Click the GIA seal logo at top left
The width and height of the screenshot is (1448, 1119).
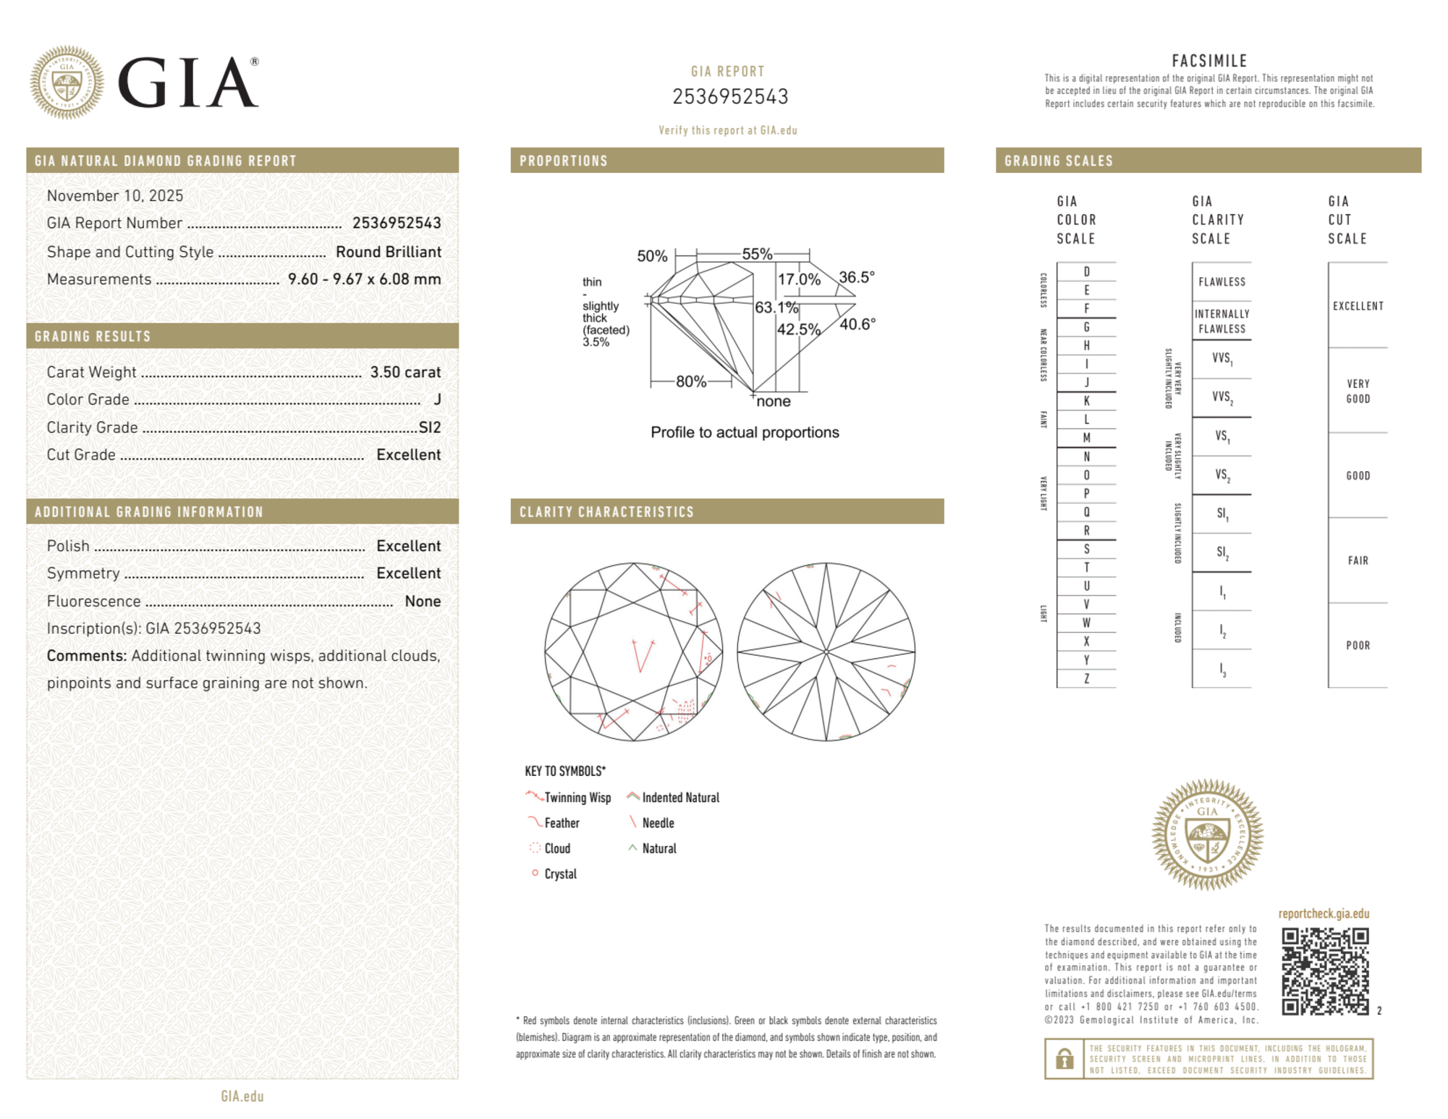coord(67,83)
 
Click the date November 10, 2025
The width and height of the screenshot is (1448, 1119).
coord(115,195)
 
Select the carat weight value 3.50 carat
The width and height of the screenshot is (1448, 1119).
coord(405,372)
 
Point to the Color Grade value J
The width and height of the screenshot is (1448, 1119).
coord(437,400)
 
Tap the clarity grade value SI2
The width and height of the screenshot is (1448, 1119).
coord(430,427)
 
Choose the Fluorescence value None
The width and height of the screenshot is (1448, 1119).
coord(423,601)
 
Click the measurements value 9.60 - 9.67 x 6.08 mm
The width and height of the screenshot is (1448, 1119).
coord(364,279)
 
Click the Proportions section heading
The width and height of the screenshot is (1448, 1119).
coord(564,161)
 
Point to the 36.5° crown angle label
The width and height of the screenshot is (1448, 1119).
coord(857,277)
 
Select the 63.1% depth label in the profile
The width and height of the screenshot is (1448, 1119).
coord(776,308)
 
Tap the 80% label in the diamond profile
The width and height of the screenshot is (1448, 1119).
coord(691,381)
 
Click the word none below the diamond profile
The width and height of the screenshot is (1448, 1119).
coord(774,402)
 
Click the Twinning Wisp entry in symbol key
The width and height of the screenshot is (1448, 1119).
coord(577,798)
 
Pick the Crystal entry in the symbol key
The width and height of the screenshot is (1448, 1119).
coord(560,874)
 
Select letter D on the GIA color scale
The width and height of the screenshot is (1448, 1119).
coord(1086,271)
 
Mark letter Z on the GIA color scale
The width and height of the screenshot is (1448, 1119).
coord(1086,678)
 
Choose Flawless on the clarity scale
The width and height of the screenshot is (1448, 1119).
coord(1222,282)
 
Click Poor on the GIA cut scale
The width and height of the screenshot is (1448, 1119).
coord(1358,645)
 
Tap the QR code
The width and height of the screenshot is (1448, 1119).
coord(1325,971)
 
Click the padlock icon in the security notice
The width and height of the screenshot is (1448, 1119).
coord(1064,1059)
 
